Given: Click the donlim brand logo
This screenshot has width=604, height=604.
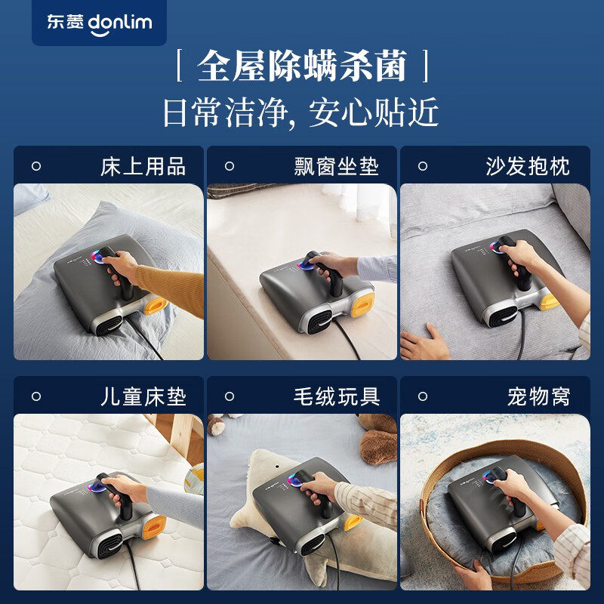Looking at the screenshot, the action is pyautogui.click(x=100, y=23).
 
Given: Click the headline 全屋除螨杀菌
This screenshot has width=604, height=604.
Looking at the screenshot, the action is pyautogui.click(x=301, y=66).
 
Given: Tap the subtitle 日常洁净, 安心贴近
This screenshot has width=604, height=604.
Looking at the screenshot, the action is pyautogui.click(x=300, y=112).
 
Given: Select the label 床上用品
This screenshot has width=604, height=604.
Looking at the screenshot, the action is pyautogui.click(x=143, y=167).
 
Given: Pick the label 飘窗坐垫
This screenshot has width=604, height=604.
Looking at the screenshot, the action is pyautogui.click(x=336, y=167).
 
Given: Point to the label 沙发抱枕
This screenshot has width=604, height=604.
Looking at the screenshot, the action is pyautogui.click(x=528, y=167).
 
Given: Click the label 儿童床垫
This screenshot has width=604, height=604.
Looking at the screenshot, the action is pyautogui.click(x=143, y=397).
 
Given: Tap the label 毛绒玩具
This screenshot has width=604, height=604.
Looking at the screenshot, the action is pyautogui.click(x=337, y=397).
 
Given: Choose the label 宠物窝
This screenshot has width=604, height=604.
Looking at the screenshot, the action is pyautogui.click(x=538, y=397).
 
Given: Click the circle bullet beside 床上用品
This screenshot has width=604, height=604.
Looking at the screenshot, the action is pyautogui.click(x=36, y=166).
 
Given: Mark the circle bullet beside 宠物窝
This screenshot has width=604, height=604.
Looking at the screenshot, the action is pyautogui.click(x=423, y=396).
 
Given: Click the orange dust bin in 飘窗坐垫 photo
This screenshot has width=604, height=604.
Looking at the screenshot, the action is pyautogui.click(x=362, y=305).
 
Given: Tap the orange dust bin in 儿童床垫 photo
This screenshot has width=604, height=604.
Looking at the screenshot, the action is pyautogui.click(x=154, y=527).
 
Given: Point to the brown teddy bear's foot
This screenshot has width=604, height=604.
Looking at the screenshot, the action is pyautogui.click(x=377, y=446).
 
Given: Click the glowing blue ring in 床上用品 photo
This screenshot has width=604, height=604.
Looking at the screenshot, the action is pyautogui.click(x=97, y=257).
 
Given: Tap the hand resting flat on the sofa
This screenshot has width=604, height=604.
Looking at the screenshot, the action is pyautogui.click(x=424, y=343).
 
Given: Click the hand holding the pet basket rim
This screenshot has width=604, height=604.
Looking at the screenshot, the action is pyautogui.click(x=470, y=573).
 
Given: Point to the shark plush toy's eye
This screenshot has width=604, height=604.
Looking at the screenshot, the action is pyautogui.click(x=276, y=467).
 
